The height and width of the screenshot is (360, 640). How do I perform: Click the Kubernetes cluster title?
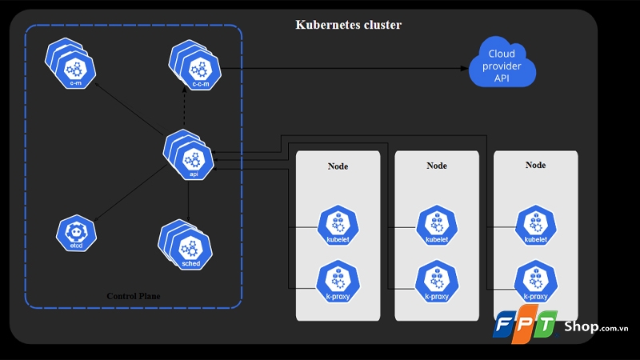click(349, 25)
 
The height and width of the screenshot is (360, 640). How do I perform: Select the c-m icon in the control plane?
click(74, 62)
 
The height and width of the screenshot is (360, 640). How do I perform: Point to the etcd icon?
click(76, 231)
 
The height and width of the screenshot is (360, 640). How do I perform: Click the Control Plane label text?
click(134, 296)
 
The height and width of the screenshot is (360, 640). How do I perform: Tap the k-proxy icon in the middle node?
click(437, 282)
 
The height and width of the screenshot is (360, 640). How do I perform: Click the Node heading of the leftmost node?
click(338, 166)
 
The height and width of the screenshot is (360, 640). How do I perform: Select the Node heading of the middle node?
click(437, 166)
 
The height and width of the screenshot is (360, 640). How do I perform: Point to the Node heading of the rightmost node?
click(535, 165)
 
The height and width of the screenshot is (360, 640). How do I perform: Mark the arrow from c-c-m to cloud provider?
click(344, 68)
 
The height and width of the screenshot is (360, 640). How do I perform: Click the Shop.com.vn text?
click(596, 326)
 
